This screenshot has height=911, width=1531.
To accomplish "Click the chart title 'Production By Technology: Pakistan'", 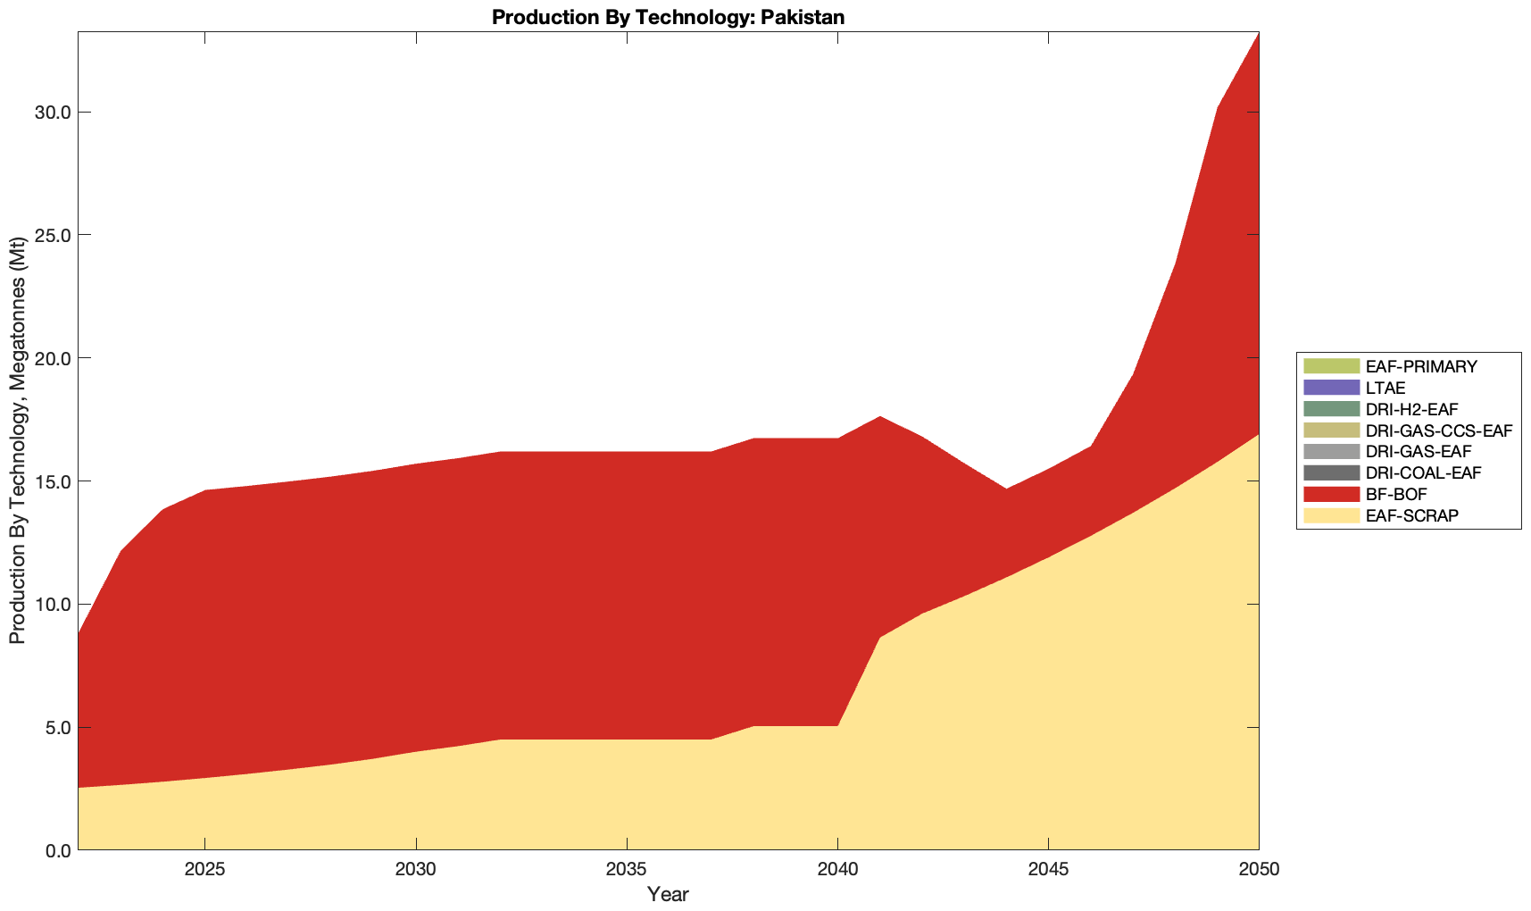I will click(x=668, y=17).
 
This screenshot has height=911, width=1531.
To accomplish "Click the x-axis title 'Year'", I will click(x=668, y=894).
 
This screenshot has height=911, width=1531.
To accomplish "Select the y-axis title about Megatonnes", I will click(x=17, y=441).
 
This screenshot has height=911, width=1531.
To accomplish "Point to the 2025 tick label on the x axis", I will click(x=204, y=871).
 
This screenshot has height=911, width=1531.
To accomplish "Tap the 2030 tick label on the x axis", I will click(x=416, y=871).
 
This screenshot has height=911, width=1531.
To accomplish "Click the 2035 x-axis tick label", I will click(x=627, y=871).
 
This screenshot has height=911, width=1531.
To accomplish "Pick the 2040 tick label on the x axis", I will click(x=837, y=871).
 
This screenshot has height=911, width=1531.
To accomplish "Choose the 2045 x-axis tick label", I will click(x=1048, y=871).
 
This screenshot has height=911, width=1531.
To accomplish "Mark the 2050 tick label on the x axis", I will click(x=1259, y=871).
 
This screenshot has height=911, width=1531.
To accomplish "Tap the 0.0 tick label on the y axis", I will click(x=56, y=850).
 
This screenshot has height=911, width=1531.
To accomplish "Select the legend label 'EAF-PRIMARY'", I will click(x=1421, y=366).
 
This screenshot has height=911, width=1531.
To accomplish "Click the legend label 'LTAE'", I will click(x=1385, y=389).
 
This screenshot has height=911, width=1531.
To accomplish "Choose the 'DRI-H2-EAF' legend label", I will click(x=1411, y=410).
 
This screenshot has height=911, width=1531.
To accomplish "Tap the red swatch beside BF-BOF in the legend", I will click(x=1331, y=494).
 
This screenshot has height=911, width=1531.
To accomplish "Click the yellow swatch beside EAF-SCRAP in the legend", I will click(x=1331, y=515).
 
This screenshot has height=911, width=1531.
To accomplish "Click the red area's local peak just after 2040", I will click(x=879, y=418).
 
